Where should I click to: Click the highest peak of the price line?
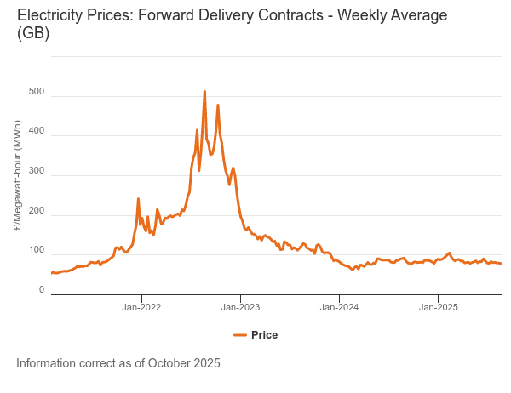[204, 91]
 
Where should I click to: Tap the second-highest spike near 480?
[218, 105]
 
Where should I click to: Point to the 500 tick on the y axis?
[36, 90]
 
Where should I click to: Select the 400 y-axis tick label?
[36, 130]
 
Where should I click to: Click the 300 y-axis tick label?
[36, 170]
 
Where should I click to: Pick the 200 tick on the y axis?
[36, 210]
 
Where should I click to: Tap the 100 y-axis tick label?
[36, 250]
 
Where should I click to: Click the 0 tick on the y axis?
[41, 290]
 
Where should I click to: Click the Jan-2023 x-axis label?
[240, 307]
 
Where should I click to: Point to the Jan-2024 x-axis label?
[339, 307]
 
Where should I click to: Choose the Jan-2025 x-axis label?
[438, 307]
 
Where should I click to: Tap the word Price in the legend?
[264, 335]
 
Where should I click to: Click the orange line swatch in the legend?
[239, 335]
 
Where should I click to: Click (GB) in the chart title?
[33, 34]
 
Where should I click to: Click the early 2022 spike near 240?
[138, 199]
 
